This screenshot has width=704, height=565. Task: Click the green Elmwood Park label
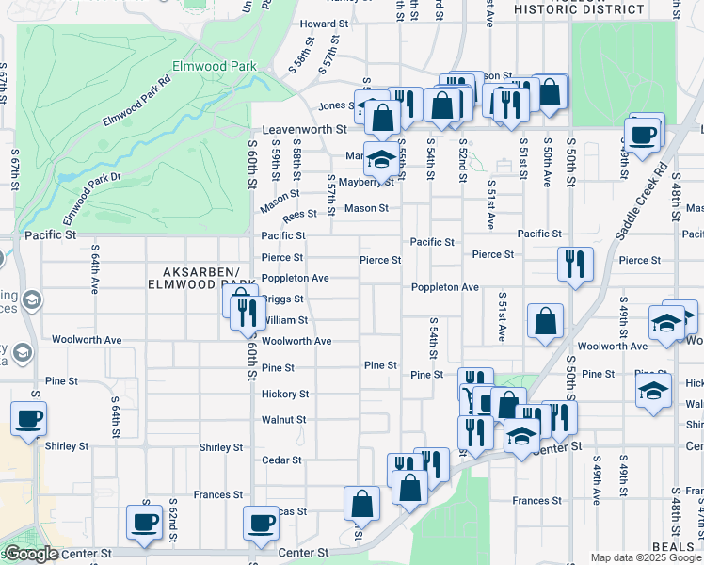[x=201, y=68]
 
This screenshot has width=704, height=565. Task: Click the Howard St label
[x=324, y=24]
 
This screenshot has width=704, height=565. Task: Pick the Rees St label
[x=300, y=215]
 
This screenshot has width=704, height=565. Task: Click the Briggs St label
[x=284, y=299]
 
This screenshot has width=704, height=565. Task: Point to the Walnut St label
[x=284, y=420]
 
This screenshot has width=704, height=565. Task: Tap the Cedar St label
[x=282, y=460]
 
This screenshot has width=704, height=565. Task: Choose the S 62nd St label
[x=173, y=520]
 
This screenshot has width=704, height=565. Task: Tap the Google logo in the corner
[x=31, y=554]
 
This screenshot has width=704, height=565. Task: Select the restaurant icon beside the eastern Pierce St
[x=575, y=263]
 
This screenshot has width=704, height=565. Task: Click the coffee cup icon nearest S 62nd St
[x=145, y=522]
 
